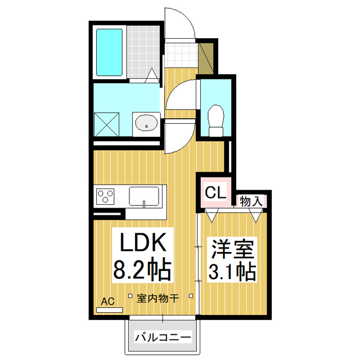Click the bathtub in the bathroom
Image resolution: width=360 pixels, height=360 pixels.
tap(110, 52)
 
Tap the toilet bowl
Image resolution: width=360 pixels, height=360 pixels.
tap(215, 119)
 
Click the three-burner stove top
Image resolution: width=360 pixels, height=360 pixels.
tap(106, 197)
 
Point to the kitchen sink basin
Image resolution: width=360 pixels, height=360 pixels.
tap(145, 196)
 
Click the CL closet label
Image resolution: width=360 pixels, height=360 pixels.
tap(216, 193)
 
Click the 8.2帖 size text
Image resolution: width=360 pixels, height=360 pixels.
tap(142, 271)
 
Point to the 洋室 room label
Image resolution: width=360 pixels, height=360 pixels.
tap(233, 248)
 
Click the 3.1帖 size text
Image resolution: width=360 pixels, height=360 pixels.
tap(233, 272)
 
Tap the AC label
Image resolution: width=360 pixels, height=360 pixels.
tap(107, 302)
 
